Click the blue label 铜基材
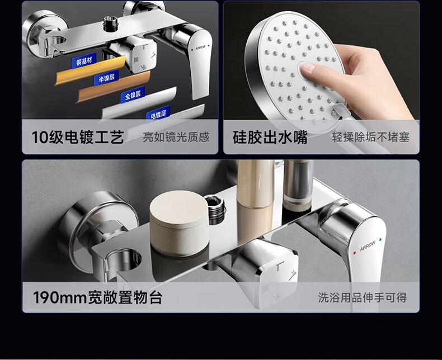84,60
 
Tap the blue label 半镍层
106,77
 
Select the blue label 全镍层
133,94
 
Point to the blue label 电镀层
158,115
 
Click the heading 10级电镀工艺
78,138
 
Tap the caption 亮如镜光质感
176,137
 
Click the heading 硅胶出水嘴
270,138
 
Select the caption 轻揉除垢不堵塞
370,137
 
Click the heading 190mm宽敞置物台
97,297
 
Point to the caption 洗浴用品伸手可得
363,297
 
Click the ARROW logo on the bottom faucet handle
368,245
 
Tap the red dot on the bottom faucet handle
354,253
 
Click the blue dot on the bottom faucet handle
380,240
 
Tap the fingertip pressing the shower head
308,68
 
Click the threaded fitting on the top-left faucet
110,23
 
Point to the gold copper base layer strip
90,70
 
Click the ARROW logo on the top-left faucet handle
200,48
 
